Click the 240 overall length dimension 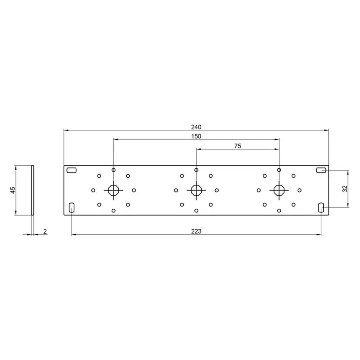click(x=196, y=127)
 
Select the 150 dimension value click(x=196, y=136)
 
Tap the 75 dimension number click(x=238, y=146)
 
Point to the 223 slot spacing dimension click(x=196, y=231)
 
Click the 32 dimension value click(x=345, y=189)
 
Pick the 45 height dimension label click(x=13, y=190)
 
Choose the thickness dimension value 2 click(x=45, y=232)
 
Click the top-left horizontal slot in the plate click(x=72, y=170)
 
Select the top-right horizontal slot click(x=321, y=170)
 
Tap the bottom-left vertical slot click(x=72, y=208)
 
